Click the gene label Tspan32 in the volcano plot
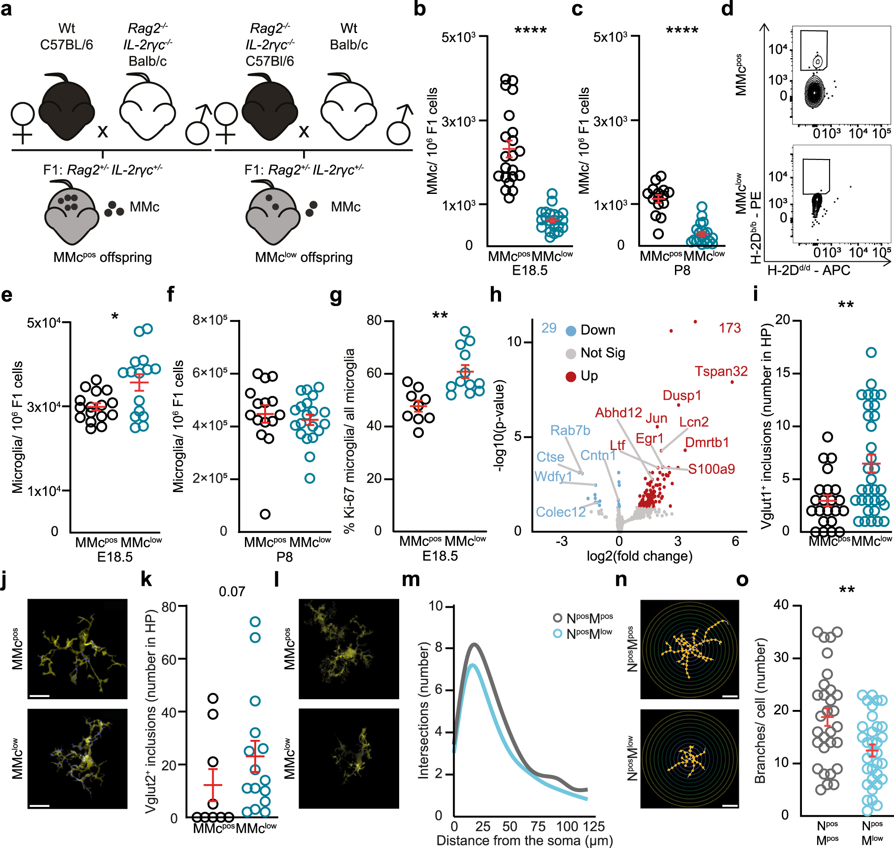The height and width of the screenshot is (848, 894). [x=721, y=371]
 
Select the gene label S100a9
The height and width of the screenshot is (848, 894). [x=711, y=469]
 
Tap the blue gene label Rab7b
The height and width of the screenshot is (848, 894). [x=570, y=430]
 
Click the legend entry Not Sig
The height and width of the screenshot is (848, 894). [x=602, y=353]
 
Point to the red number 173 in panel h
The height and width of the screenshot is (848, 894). [x=730, y=328]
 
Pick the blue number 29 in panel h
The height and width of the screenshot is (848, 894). [x=548, y=328]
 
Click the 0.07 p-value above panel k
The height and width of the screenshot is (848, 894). [x=232, y=592]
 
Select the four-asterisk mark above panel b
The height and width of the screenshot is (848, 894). [x=531, y=31]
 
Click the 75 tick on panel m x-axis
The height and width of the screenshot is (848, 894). [x=538, y=826]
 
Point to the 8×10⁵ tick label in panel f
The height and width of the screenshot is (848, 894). [x=210, y=320]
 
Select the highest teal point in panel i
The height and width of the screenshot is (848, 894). [x=871, y=353]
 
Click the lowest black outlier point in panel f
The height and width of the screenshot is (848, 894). [x=265, y=514]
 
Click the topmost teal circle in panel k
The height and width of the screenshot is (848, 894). [x=255, y=622]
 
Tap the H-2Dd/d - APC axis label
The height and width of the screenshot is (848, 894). [x=809, y=270]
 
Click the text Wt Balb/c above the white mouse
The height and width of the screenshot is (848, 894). [x=348, y=37]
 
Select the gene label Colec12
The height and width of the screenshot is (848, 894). [x=560, y=512]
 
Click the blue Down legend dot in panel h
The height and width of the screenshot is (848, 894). [x=571, y=331]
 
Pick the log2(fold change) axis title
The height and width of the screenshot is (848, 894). [x=639, y=556]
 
